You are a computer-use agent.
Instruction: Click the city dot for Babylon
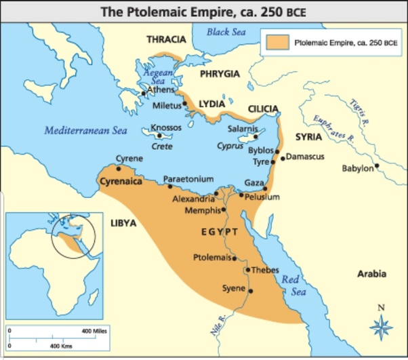377,165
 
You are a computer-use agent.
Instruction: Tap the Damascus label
305,157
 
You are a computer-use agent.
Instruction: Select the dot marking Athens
142,93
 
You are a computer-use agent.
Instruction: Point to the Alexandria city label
192,199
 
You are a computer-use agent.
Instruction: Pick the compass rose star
381,328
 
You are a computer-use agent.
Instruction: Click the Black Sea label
226,32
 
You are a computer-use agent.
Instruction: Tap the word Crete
161,146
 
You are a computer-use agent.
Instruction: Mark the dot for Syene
251,291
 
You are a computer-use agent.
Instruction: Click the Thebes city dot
247,270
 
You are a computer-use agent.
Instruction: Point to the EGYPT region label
220,232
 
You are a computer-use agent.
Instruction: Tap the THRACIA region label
167,39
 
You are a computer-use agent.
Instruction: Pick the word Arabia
372,274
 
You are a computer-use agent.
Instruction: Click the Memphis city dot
223,210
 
